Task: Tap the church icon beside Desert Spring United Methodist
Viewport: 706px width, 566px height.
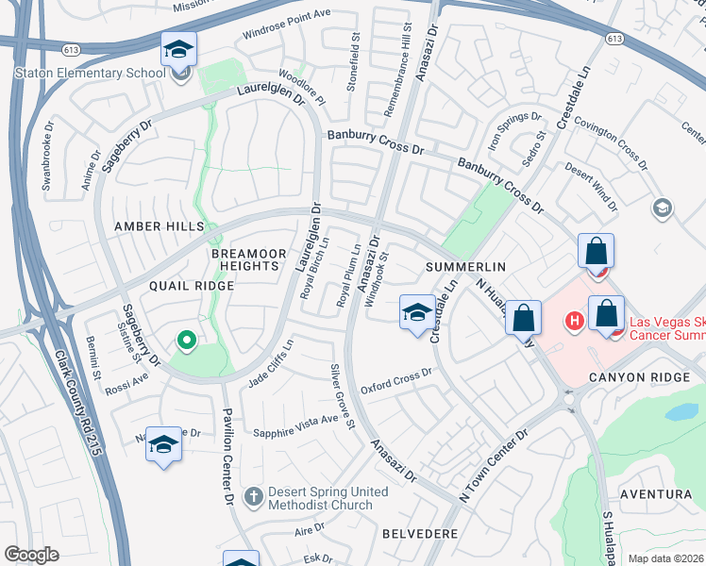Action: (254, 495)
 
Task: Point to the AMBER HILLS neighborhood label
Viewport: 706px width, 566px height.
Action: (159, 227)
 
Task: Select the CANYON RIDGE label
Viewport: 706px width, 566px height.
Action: (629, 377)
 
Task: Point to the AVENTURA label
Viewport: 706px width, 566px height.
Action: (655, 494)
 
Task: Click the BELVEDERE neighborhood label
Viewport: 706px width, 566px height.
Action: (420, 534)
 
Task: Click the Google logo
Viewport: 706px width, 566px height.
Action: (31, 555)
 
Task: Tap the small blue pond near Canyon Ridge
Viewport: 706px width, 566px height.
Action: (681, 411)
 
